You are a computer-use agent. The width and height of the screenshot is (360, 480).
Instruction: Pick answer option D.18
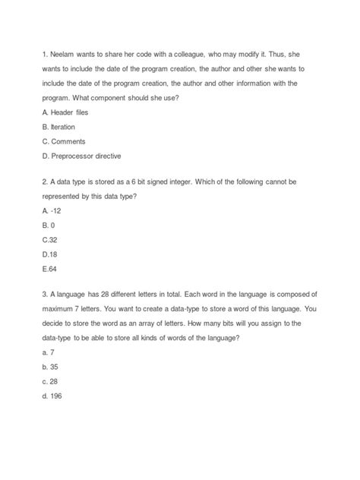(x=52, y=256)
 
